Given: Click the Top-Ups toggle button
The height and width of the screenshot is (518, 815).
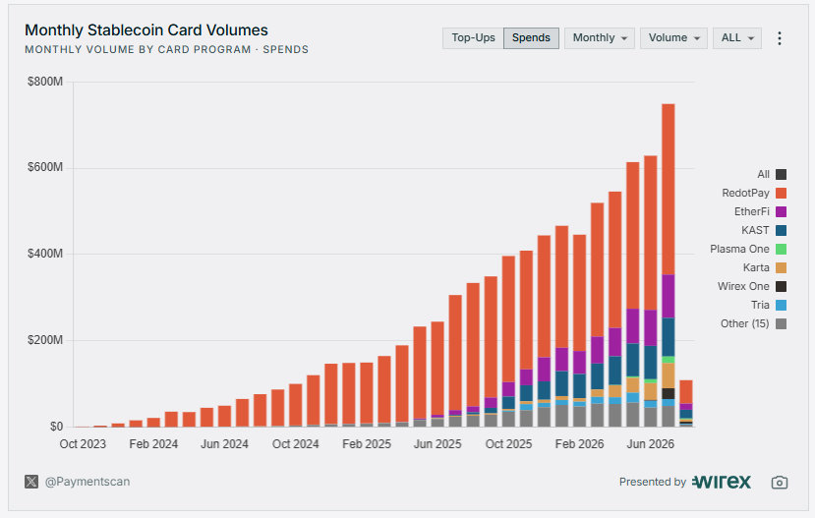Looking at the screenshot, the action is pos(473,38).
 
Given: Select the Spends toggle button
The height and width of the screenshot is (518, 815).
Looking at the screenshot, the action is pos(531,38).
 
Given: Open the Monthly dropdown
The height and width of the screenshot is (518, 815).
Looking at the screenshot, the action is pos(600,38).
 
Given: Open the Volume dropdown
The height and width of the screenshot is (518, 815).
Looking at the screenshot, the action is pos(673,38).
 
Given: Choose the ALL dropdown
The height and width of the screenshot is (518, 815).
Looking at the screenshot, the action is pos(737,38).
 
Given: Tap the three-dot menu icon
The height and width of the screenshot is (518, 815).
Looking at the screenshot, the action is pos(780,38).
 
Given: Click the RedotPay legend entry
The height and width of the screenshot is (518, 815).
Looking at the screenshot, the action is pos(754,193).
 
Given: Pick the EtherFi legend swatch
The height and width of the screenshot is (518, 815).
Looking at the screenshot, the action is pos(781,211).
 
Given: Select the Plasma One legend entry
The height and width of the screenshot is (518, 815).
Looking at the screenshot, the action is pos(748,249).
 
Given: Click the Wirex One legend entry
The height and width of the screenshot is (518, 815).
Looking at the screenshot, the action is pos(751,286).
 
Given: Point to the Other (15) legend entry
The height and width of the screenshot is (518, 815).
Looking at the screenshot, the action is pos(753,323).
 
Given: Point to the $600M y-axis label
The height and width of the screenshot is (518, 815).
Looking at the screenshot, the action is pos(45,167).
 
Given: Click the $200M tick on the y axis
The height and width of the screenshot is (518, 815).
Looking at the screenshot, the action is pos(45,340).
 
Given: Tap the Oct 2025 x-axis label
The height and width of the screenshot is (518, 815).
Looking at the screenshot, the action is pos(508,444).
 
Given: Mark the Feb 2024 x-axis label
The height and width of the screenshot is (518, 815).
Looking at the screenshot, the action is pos(153,444).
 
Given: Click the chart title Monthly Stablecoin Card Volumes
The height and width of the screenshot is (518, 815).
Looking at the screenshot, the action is pos(146,30).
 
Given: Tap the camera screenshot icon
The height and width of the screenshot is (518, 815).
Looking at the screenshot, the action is pos(780,483).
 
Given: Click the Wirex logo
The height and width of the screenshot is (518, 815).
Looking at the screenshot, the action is pos(722,482).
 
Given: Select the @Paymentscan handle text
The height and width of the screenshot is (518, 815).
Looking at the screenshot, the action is pos(87,482).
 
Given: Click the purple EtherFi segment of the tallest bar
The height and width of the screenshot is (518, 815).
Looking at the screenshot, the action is pos(668,296).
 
